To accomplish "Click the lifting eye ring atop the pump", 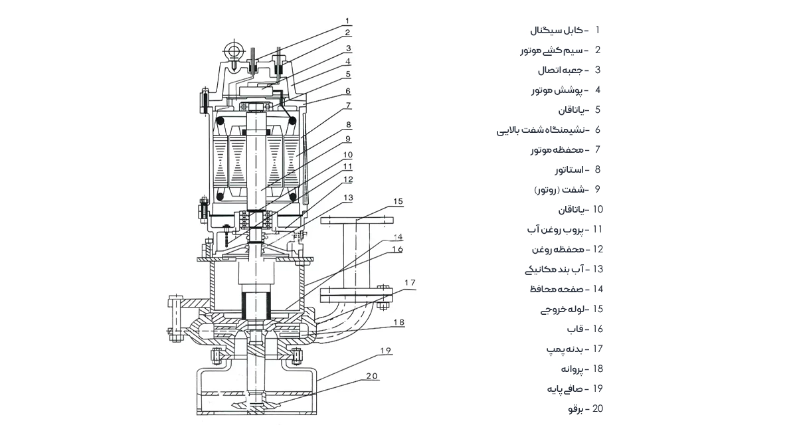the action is [234, 49].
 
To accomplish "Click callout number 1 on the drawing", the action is [347, 21].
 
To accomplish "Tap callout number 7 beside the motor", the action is [349, 106].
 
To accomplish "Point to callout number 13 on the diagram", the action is [348, 198].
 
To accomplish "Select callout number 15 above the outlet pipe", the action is [398, 201].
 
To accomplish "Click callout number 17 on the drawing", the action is [410, 282].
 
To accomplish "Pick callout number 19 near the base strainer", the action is [386, 351].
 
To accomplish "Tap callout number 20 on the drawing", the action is [372, 376].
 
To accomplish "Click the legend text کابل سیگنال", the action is [556, 31].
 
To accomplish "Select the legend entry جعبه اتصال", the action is [560, 70].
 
